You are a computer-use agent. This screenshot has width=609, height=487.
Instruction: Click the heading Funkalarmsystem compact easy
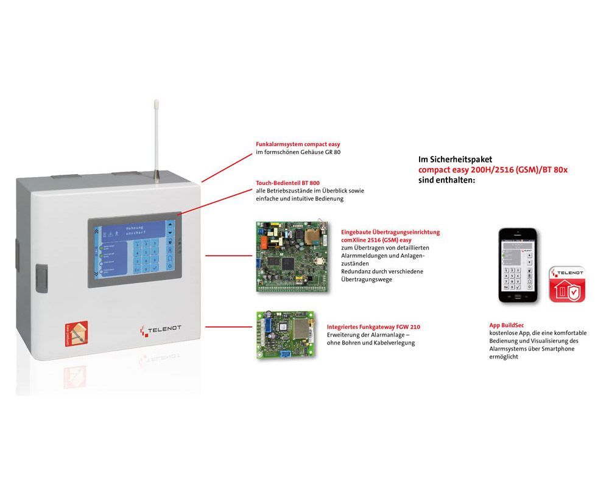(x=298, y=144)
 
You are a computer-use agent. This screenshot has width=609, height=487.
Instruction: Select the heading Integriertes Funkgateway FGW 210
(x=373, y=327)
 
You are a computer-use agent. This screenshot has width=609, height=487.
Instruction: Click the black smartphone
(x=518, y=266)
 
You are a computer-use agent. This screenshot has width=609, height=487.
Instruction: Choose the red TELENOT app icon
(x=568, y=284)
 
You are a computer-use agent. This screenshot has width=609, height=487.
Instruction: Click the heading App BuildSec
(x=507, y=326)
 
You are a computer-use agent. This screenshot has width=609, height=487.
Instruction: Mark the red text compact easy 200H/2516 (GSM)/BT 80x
(x=493, y=170)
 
